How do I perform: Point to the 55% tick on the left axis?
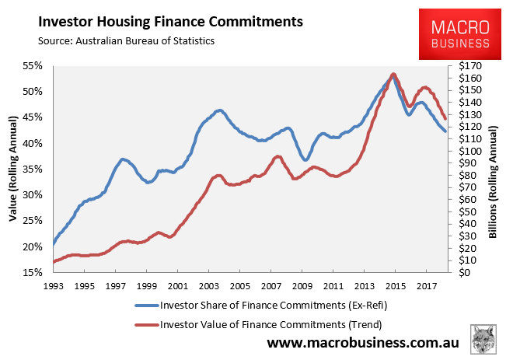(x=30, y=66)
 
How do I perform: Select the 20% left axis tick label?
(x=30, y=246)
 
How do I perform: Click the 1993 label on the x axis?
(x=53, y=285)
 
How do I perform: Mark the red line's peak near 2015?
(x=393, y=75)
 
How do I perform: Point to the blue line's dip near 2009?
(x=306, y=160)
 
